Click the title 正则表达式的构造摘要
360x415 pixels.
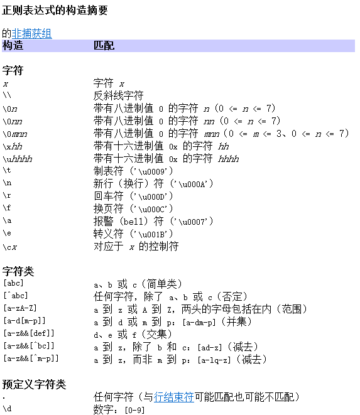[55, 10]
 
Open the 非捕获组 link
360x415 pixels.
[32, 33]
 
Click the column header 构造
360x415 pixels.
[13, 45]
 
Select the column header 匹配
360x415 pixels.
[104, 45]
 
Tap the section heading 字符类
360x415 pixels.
[18, 271]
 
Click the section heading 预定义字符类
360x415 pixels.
[34, 384]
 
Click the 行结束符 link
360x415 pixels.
[173, 397]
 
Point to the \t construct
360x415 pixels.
[7, 171]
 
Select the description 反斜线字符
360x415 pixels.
[118, 95]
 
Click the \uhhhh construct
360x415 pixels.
[17, 158]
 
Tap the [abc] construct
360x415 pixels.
[14, 284]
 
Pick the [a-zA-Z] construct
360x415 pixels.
[19, 309]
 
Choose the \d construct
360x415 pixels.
[7, 409]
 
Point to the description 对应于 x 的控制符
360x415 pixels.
[136, 246]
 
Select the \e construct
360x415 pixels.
[7, 234]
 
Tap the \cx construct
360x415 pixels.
[9, 246]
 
